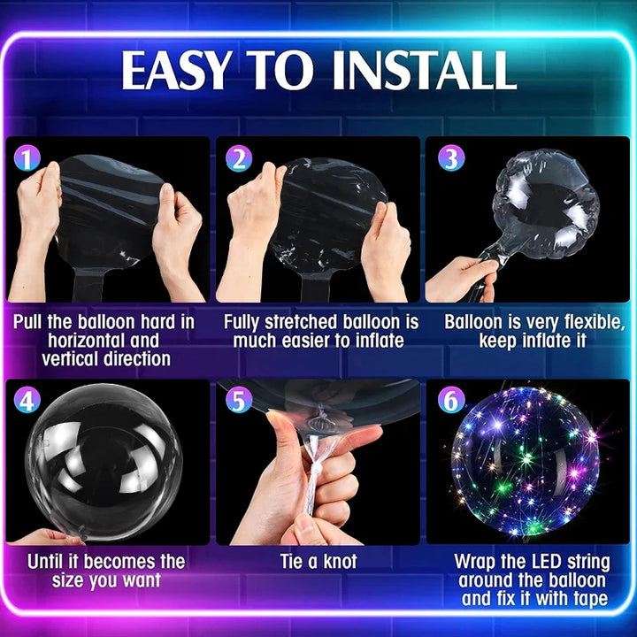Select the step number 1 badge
coord(27,158)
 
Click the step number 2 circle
coord(239,158)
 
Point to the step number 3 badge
coord(451,158)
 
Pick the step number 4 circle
coord(27,400)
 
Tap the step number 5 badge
coord(239,400)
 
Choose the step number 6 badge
coord(451,400)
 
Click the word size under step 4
coord(68,580)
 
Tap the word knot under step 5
coord(340,562)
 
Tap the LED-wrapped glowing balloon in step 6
coord(526,461)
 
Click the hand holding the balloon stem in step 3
coord(461,280)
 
